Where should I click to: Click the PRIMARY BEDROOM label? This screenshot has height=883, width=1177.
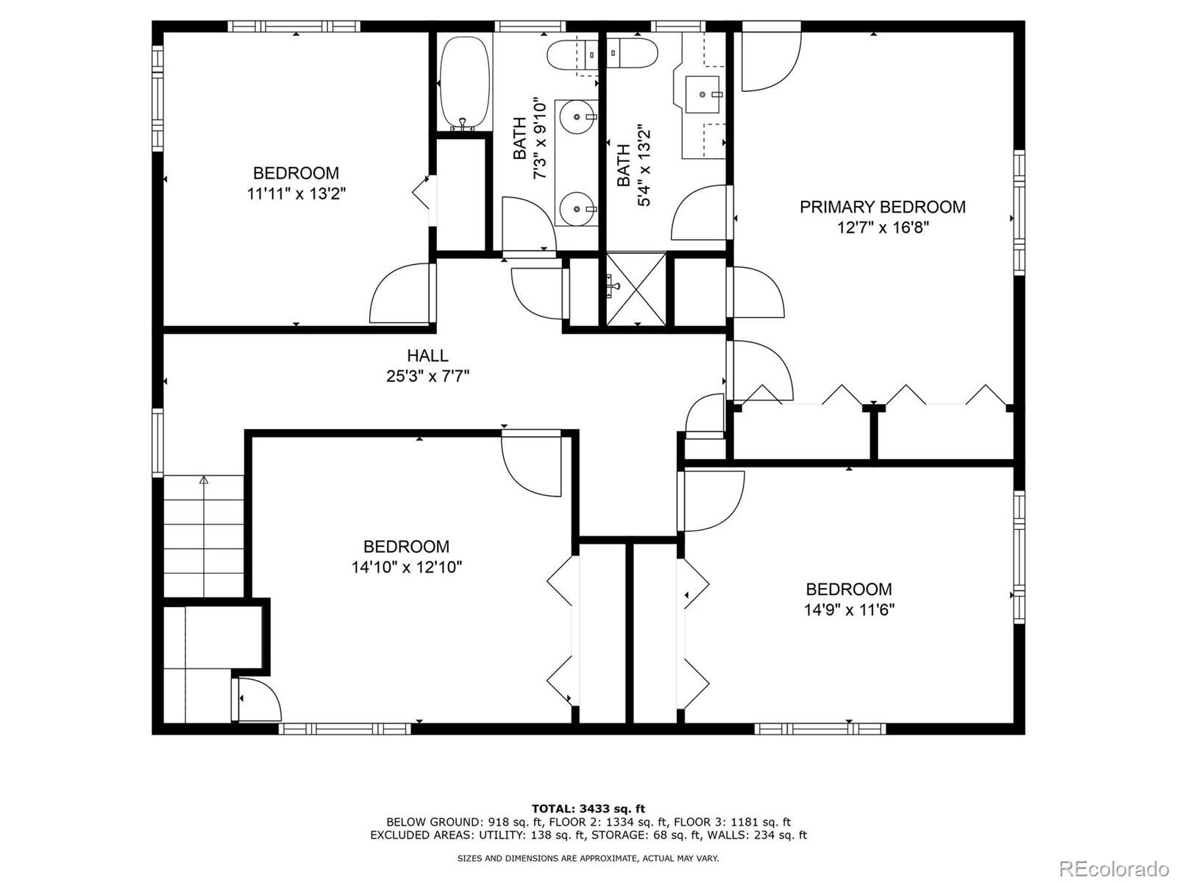point(882,207)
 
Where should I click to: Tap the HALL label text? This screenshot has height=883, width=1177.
point(427,355)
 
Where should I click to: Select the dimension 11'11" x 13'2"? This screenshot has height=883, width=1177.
point(296,194)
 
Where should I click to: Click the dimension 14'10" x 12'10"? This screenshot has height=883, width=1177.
point(406,567)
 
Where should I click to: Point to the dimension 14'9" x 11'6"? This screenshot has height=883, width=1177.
point(849,610)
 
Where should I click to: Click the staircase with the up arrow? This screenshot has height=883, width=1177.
point(203,536)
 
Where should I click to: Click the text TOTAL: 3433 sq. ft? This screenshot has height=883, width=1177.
point(588,809)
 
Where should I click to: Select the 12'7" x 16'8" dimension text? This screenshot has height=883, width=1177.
point(882,227)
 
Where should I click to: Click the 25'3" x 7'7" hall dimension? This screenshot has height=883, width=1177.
point(427,377)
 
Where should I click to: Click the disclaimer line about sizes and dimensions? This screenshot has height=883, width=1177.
point(588,858)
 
